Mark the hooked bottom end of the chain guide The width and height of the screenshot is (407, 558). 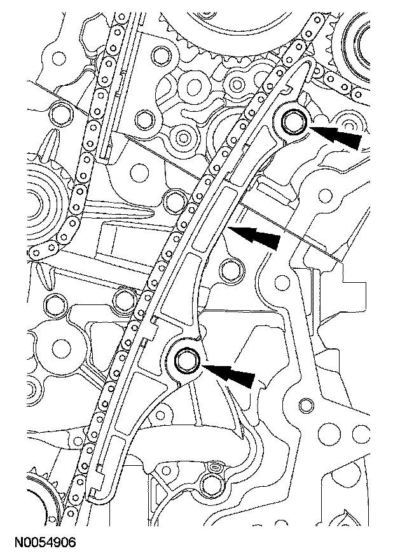pyautogui.click(x=95, y=494)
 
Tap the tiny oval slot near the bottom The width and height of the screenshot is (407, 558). pyautogui.click(x=215, y=469)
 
